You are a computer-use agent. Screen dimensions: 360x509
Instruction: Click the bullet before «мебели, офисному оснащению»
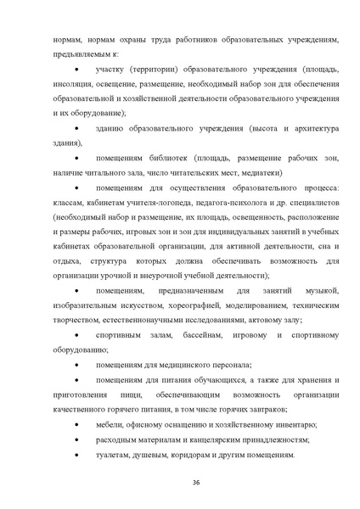pos(78,424)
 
